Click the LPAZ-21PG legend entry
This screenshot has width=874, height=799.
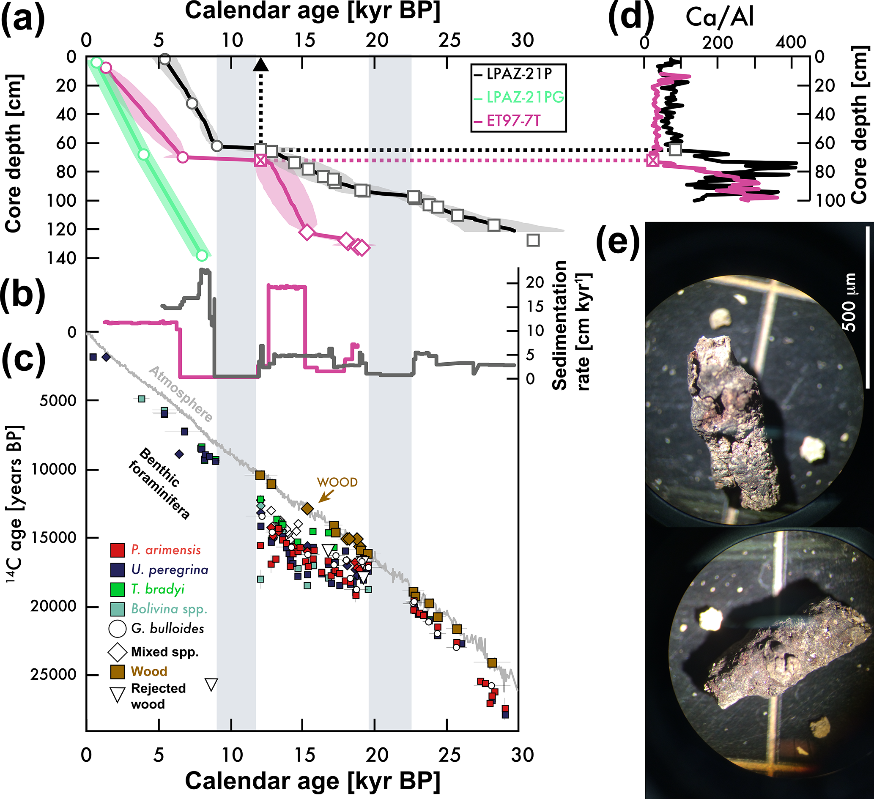pos(525,97)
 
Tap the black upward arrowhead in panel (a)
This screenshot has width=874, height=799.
pos(260,65)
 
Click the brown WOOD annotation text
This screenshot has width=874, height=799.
pos(337,482)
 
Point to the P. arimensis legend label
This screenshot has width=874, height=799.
pos(166,550)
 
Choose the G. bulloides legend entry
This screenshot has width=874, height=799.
pos(167,628)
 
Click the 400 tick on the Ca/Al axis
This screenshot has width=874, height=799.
pos(792,42)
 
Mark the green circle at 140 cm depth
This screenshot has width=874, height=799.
pos(202,255)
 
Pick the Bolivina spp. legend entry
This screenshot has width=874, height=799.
pos(169,609)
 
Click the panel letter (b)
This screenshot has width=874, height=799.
pos(22,296)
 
